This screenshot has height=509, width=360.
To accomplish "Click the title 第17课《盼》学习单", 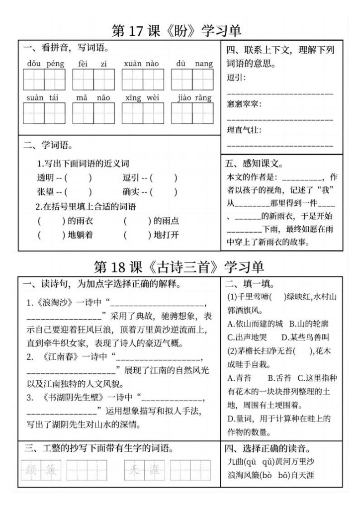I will tap(177, 31).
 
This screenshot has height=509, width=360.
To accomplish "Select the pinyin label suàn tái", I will tap(43, 98).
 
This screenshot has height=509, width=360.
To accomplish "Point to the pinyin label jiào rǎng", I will tap(194, 98).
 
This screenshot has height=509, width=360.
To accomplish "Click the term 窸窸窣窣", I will tap(244, 104).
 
